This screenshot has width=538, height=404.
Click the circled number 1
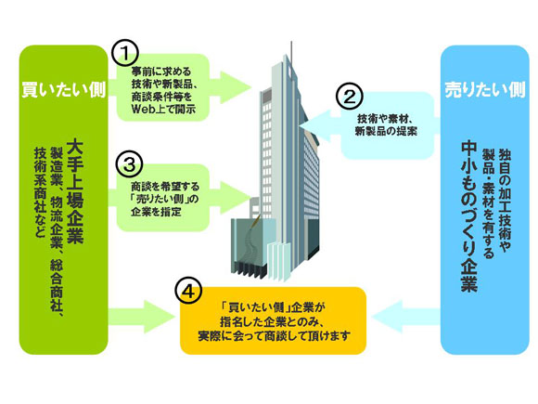[x=125, y=54]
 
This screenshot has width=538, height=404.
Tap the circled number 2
[x=350, y=97]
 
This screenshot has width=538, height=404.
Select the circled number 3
[x=129, y=164]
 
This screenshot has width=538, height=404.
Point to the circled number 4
[x=188, y=292]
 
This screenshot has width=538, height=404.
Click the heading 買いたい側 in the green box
[x=64, y=90]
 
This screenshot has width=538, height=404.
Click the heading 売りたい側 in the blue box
[x=485, y=89]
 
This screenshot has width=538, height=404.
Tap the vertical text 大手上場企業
[x=75, y=191]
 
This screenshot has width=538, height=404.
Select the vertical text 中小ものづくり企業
[x=469, y=216]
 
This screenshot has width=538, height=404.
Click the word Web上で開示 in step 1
[x=163, y=109]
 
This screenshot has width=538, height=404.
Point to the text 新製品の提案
[x=386, y=131]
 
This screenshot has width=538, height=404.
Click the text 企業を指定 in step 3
[x=156, y=211]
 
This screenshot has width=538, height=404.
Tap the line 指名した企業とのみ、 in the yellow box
[x=273, y=322]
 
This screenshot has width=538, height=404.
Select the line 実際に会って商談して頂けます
[x=275, y=335]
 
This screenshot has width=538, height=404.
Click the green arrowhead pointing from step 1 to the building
[x=236, y=87]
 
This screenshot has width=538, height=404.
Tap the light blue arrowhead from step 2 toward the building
[x=315, y=126]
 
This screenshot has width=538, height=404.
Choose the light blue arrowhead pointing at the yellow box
[x=387, y=317]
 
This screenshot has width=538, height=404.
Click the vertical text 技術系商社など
[x=40, y=192]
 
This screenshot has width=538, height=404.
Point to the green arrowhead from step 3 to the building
[x=236, y=197]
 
